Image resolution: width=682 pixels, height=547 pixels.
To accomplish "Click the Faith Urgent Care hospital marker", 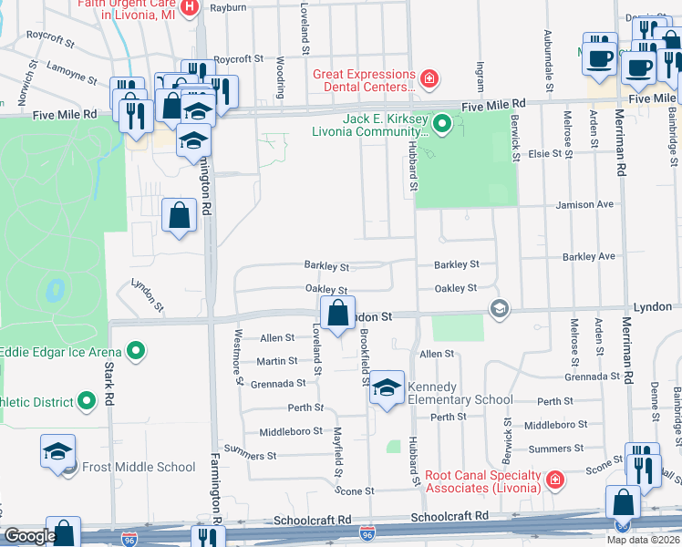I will pos(190,8).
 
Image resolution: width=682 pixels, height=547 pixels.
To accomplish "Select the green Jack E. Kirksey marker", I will pos(442,122).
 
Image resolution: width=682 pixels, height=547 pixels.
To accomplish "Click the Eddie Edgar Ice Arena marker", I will pos(136,350).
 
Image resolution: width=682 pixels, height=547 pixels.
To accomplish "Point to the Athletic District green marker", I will pos(87,399).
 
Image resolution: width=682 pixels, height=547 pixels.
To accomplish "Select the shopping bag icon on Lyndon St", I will pos(337,313).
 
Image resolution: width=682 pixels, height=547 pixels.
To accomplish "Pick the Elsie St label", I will pos(546,153).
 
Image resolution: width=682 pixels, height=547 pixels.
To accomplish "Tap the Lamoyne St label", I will pos(73,74).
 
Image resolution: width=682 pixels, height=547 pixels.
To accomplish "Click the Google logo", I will pos(30,536).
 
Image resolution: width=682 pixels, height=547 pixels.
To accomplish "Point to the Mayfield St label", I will pos(336,452).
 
